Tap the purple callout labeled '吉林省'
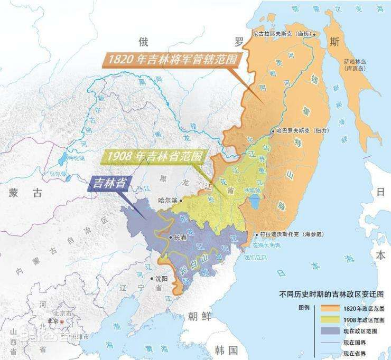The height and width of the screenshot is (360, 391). pyautogui.click(x=109, y=183)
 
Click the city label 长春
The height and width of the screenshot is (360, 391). pyautogui.click(x=180, y=238)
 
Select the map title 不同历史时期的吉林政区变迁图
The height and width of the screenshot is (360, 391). pyautogui.click(x=332, y=295)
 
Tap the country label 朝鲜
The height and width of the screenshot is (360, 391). pyautogui.click(x=200, y=316)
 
